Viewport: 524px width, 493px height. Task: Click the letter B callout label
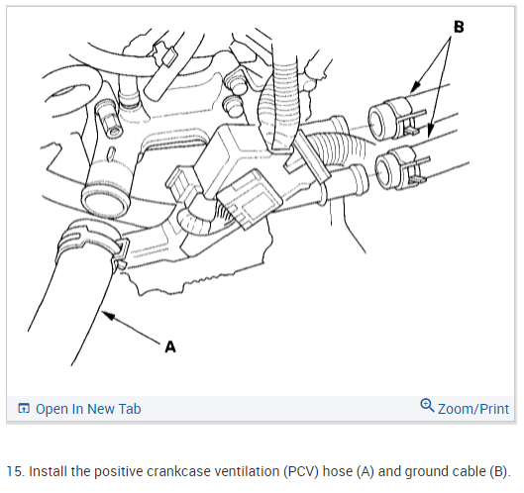coord(459,27)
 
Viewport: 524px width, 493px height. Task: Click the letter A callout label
coord(170,347)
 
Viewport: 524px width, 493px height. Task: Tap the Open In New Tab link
coord(88,409)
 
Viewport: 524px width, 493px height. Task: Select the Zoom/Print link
coord(473,409)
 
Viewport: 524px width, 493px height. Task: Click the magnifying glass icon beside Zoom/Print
coord(427,406)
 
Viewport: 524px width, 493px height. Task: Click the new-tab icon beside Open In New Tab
coord(24,408)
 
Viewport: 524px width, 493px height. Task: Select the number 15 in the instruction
coord(15,471)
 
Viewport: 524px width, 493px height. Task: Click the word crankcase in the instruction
coord(178,471)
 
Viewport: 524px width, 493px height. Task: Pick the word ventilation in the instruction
coord(247,471)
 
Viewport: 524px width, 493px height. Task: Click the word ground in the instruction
coord(427,472)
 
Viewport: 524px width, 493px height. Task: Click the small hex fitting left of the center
coord(108,120)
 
